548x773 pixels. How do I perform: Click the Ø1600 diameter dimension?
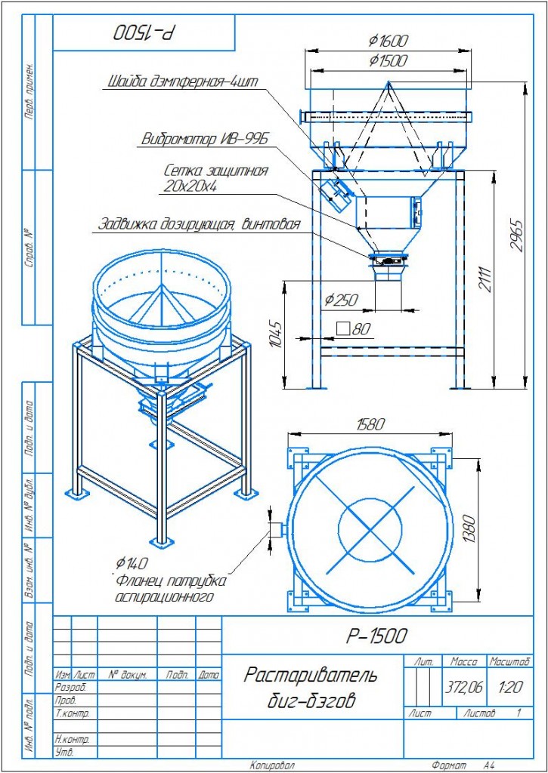click(x=388, y=41)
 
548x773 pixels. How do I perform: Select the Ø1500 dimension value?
click(x=388, y=60)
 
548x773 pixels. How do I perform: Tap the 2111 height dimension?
click(x=486, y=279)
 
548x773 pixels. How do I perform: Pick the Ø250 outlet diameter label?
click(x=342, y=299)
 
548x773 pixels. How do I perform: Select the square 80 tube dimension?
click(x=353, y=329)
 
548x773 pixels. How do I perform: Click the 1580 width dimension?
click(x=370, y=424)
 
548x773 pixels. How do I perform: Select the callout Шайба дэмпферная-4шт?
click(x=183, y=82)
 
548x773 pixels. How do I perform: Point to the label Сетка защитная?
click(x=215, y=171)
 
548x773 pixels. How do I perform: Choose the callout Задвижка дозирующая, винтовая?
click(x=199, y=225)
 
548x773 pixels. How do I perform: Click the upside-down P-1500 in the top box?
click(x=145, y=32)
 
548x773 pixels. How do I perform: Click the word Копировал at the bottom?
click(x=272, y=765)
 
